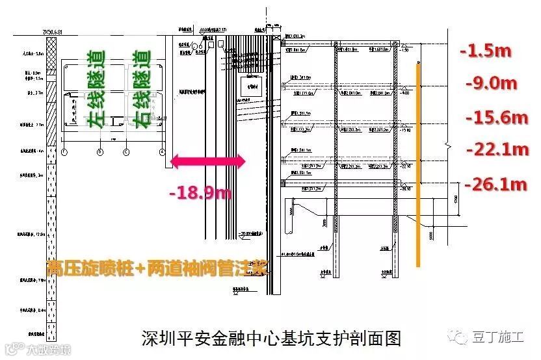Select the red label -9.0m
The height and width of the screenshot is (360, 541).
click(x=492, y=83)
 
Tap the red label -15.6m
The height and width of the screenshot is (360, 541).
click(x=497, y=117)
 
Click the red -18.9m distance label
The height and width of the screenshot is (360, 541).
click(x=200, y=192)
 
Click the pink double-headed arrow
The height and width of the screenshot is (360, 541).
click(x=207, y=161)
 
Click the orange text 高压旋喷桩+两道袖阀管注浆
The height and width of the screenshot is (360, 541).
click(x=156, y=268)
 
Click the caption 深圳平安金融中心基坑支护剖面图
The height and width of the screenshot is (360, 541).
click(x=271, y=339)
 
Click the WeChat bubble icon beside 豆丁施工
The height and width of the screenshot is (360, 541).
click(x=462, y=337)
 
